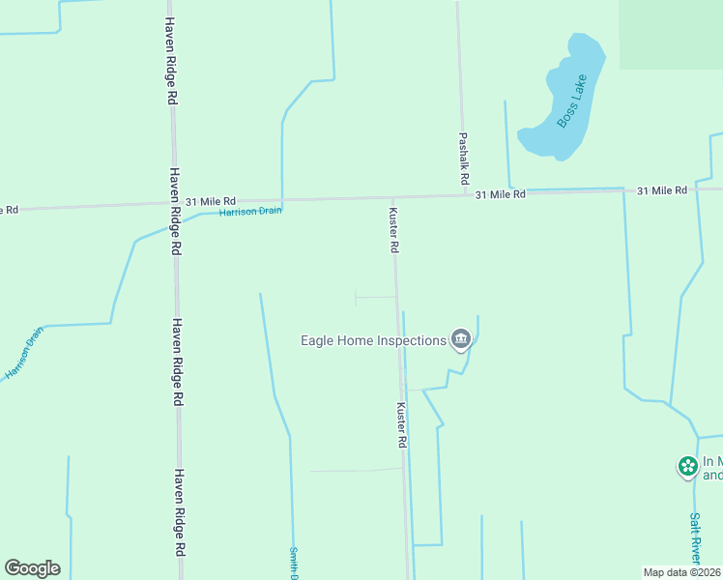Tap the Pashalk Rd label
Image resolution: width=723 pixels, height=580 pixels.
pyautogui.click(x=463, y=159)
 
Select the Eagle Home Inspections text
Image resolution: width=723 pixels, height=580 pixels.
pyautogui.click(x=373, y=339)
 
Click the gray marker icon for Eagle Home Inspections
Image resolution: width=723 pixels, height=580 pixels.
pyautogui.click(x=461, y=338)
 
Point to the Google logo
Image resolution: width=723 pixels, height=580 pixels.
pyautogui.click(x=32, y=568)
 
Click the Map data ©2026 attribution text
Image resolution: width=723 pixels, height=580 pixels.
pyautogui.click(x=682, y=572)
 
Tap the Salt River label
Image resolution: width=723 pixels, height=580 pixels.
pyautogui.click(x=695, y=537)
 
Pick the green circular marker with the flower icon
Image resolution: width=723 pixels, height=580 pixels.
pyautogui.click(x=688, y=467)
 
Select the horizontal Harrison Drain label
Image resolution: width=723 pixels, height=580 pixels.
pyautogui.click(x=250, y=211)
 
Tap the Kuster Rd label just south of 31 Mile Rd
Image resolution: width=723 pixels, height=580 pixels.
pyautogui.click(x=393, y=230)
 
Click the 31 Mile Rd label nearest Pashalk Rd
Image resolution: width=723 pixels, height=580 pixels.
pyautogui.click(x=500, y=194)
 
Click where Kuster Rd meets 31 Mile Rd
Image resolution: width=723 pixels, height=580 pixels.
pyautogui.click(x=392, y=197)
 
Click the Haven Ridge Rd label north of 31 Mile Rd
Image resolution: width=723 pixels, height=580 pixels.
pyautogui.click(x=170, y=60)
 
